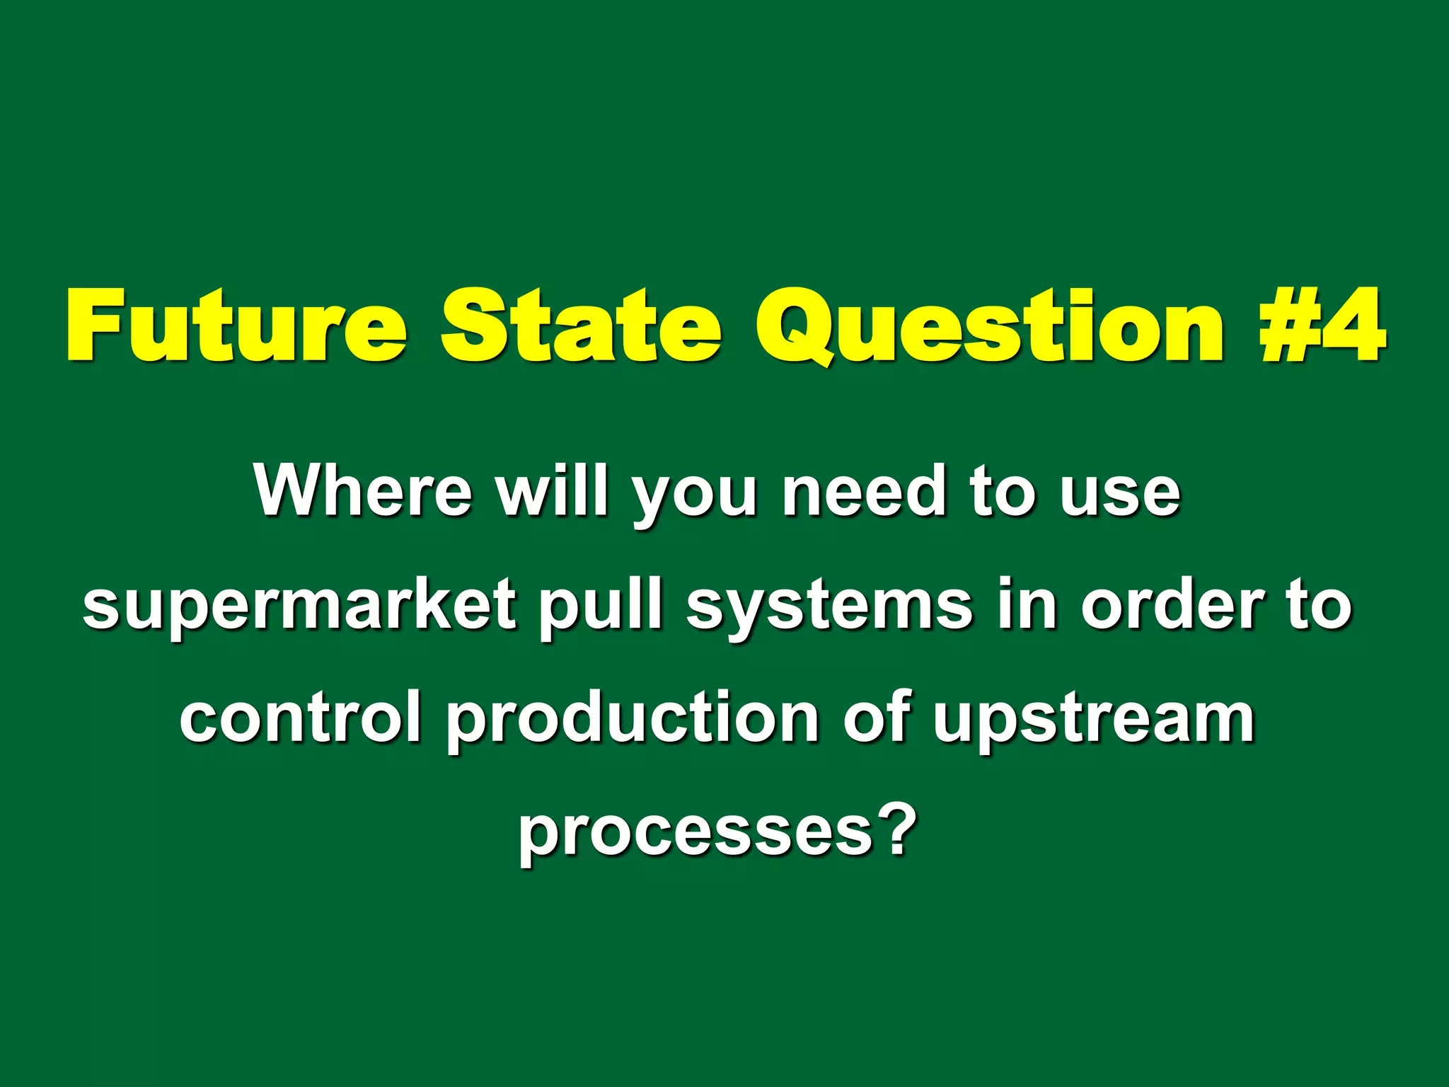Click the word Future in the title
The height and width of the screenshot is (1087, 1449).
(x=236, y=325)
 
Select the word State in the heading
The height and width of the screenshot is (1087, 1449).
(x=580, y=325)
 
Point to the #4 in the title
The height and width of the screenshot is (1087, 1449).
(x=1322, y=325)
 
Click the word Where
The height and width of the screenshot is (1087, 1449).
(x=363, y=490)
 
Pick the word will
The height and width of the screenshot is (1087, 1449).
(x=552, y=490)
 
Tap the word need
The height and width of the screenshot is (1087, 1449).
(x=862, y=490)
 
